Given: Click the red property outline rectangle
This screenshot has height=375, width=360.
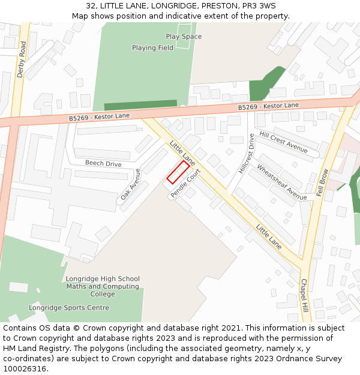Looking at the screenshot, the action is click(x=178, y=172).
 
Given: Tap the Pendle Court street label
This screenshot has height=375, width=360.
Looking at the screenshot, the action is click(x=185, y=184).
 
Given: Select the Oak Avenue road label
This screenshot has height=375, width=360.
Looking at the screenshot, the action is click(x=130, y=184).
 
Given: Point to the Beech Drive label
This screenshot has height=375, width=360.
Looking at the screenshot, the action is click(x=103, y=164).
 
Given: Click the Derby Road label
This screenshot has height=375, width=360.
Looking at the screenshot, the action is click(x=22, y=59).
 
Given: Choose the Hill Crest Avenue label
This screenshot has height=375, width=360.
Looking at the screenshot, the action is click(x=283, y=142).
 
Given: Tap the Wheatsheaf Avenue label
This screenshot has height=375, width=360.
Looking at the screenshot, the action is click(x=281, y=181).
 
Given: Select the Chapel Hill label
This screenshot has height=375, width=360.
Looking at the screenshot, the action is click(x=304, y=295).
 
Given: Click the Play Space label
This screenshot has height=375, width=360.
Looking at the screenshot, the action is click(x=184, y=37).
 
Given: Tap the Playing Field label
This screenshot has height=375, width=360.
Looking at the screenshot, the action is click(x=152, y=48).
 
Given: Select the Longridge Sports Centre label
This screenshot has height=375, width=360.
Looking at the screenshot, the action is click(x=69, y=308).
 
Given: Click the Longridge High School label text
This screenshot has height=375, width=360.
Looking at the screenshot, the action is click(x=103, y=279).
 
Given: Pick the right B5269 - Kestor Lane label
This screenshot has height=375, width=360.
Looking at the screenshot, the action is click(x=268, y=106).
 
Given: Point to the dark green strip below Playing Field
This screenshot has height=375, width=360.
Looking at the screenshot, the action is click(x=140, y=106).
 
